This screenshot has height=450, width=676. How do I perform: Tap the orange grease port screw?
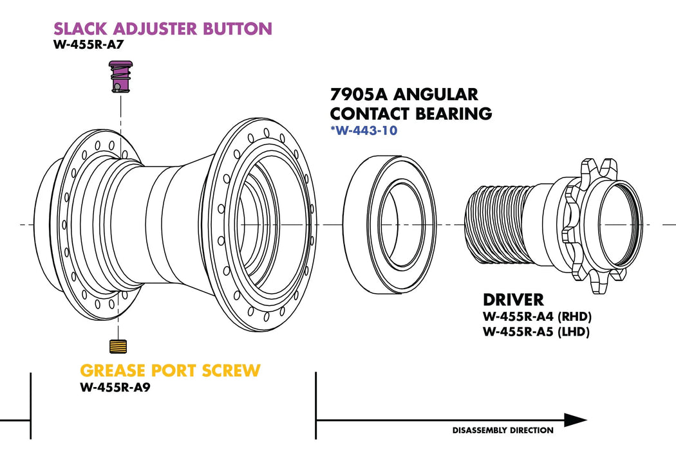click(x=118, y=346)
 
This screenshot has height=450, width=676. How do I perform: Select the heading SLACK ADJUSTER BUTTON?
click(x=163, y=29)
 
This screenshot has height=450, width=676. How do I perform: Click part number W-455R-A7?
click(x=88, y=46)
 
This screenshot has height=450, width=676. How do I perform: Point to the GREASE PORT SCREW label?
click(x=170, y=371)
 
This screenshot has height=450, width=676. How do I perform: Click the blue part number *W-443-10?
click(x=364, y=131)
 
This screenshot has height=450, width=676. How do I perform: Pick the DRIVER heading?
click(x=513, y=300)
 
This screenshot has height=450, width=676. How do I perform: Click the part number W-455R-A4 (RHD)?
click(x=537, y=317)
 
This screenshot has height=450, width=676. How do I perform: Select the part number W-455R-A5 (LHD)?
click(x=536, y=332)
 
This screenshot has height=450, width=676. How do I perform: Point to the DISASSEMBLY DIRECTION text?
click(x=502, y=430)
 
